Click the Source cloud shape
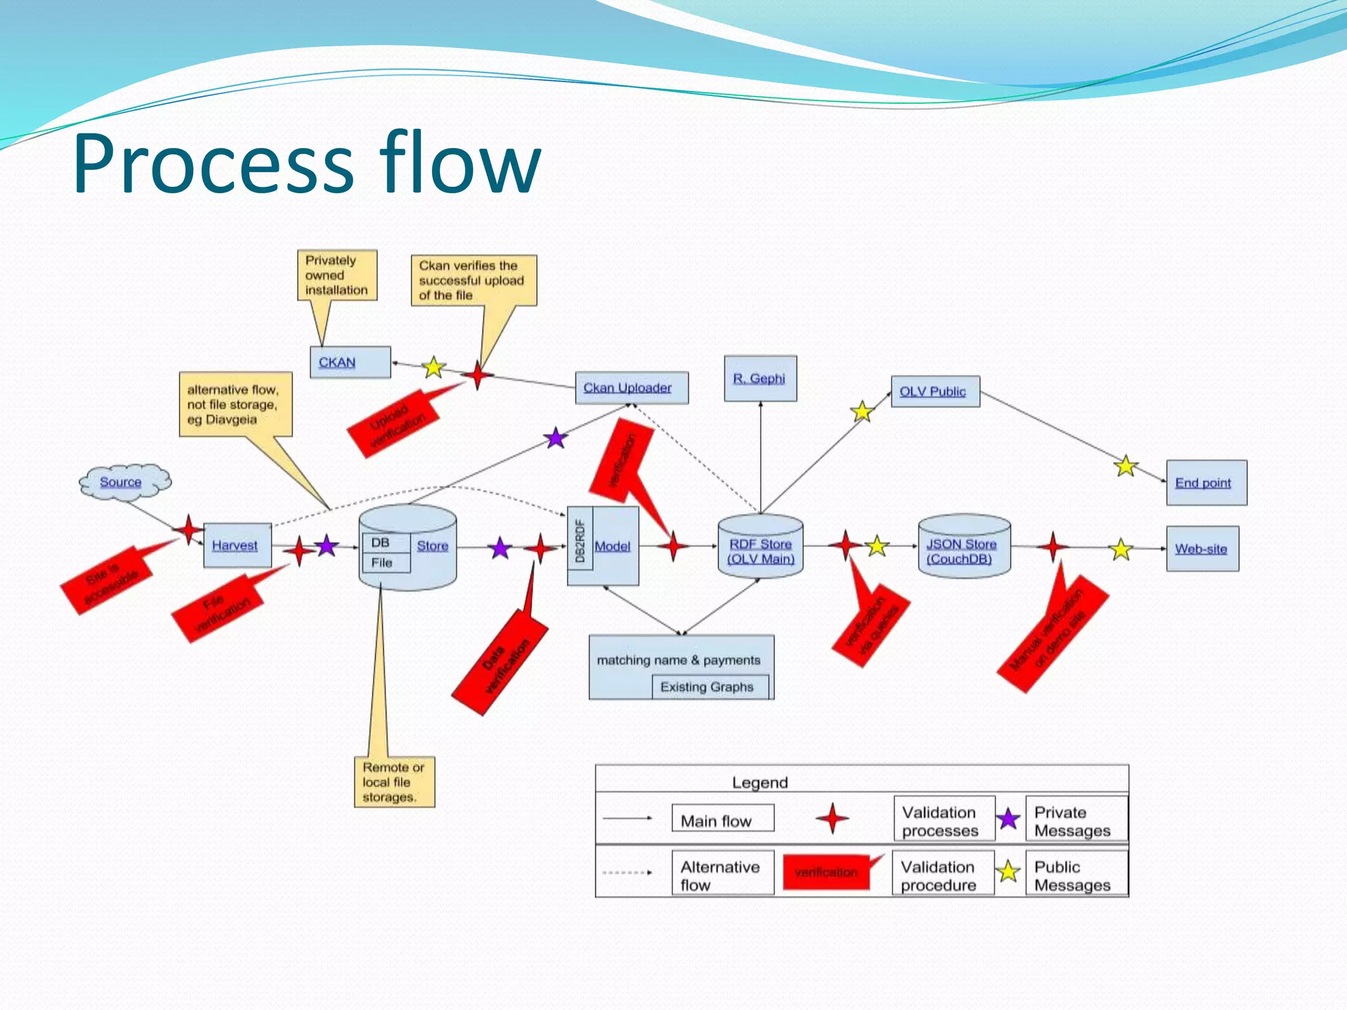click(124, 483)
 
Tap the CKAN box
click(350, 362)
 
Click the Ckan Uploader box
click(631, 388)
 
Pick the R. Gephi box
click(760, 379)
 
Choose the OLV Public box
click(935, 392)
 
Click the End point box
click(1206, 483)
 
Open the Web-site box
click(1202, 548)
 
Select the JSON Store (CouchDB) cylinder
click(964, 548)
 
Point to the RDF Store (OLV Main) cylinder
click(760, 548)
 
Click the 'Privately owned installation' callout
click(336, 276)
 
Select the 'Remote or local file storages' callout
click(394, 782)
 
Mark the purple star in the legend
click(1008, 819)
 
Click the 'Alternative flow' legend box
click(722, 875)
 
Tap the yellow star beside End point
click(1126, 466)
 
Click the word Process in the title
click(214, 164)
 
